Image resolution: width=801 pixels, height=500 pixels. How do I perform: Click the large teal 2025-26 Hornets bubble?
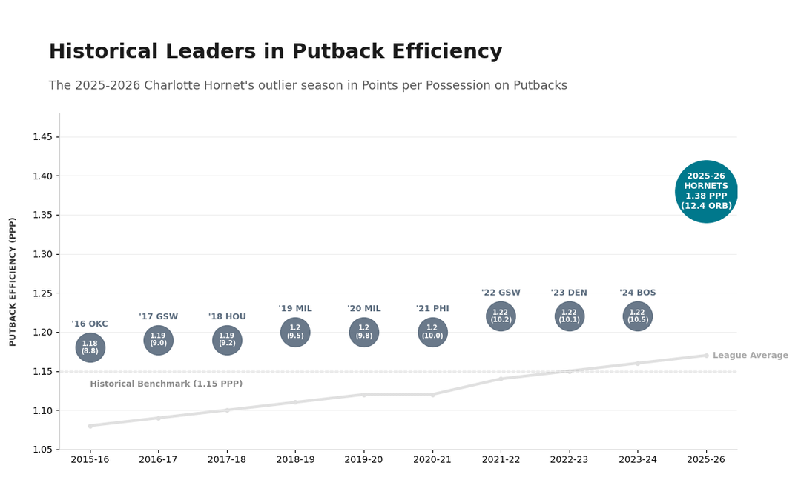click(x=706, y=192)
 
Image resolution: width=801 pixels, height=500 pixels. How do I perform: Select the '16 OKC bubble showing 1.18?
click(x=90, y=347)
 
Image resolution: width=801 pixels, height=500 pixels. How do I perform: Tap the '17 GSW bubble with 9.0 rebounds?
click(x=158, y=340)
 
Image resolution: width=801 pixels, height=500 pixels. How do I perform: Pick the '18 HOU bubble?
click(x=227, y=340)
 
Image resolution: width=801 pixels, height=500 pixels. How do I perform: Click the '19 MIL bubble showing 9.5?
click(x=295, y=332)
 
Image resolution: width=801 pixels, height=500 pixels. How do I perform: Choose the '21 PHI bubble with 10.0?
click(x=432, y=332)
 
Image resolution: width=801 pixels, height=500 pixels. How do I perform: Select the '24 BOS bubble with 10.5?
click(x=637, y=316)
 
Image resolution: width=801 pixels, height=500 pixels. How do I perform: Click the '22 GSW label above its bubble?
click(x=501, y=293)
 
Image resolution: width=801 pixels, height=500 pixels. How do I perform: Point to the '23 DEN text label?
click(x=569, y=293)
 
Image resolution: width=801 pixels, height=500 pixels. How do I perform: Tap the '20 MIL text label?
click(x=363, y=309)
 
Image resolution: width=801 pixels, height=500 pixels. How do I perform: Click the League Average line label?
click(x=750, y=356)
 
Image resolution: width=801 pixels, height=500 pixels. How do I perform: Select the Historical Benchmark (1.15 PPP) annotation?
click(x=166, y=384)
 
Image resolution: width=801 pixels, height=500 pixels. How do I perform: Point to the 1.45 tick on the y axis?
click(x=42, y=137)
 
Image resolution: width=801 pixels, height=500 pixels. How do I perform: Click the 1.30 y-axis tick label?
click(x=42, y=254)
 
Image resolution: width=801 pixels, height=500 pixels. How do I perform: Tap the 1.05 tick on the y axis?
click(x=42, y=450)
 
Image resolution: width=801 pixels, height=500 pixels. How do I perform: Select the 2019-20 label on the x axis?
click(x=363, y=460)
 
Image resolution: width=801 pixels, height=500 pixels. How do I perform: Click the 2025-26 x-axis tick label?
click(x=706, y=460)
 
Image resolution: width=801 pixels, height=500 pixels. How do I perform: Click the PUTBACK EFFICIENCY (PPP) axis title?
click(x=13, y=281)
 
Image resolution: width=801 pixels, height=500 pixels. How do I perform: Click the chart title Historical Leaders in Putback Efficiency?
click(x=275, y=52)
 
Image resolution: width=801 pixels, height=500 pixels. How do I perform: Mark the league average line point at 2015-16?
click(x=90, y=426)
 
